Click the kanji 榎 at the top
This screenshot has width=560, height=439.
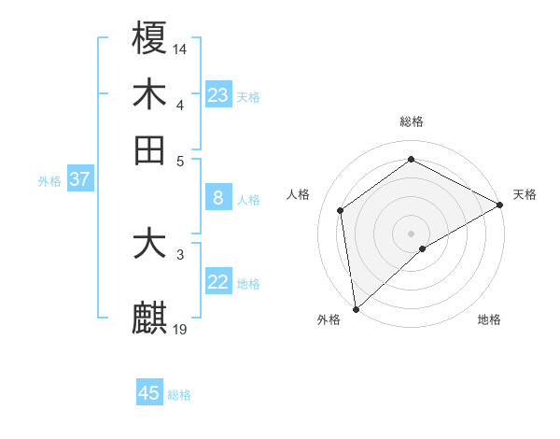[x=149, y=38]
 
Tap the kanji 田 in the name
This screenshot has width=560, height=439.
[x=149, y=150]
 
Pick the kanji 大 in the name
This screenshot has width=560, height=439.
[x=149, y=245]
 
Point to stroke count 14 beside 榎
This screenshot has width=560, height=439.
[x=180, y=47]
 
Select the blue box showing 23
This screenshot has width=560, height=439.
[x=217, y=95]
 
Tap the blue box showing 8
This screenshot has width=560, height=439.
[x=217, y=197]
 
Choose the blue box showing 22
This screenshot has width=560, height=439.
[x=217, y=282]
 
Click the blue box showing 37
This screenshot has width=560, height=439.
[x=79, y=179]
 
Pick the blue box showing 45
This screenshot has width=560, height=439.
[x=149, y=393]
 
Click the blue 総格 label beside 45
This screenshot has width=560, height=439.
[x=179, y=395]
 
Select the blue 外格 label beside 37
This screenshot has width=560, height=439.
[x=49, y=181]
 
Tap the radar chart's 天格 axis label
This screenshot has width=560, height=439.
[x=525, y=194]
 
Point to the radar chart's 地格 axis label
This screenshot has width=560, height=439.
[x=489, y=319]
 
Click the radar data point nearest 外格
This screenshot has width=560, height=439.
[x=355, y=309]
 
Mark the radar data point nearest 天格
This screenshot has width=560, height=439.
[x=500, y=205]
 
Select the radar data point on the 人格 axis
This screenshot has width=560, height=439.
[x=341, y=210]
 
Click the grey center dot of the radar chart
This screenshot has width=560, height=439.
[x=411, y=232]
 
